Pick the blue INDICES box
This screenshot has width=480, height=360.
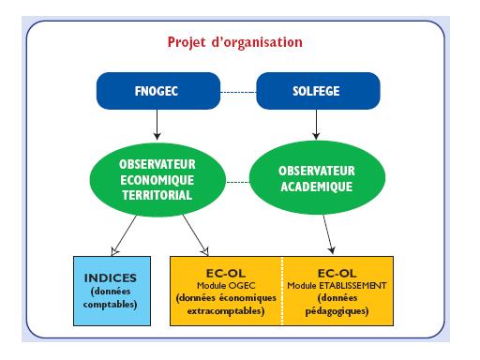(112, 291)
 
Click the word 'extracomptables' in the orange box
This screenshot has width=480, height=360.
(224, 309)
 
